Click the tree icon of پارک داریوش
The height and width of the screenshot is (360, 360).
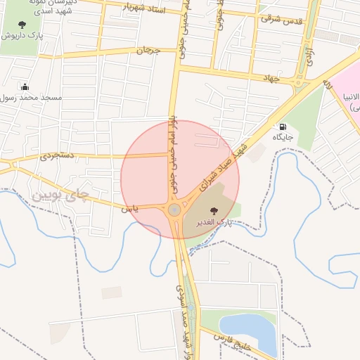coord(22,25)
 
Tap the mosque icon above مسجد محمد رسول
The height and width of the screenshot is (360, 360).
coord(26,87)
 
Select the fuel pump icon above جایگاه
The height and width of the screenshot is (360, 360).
coord(283,127)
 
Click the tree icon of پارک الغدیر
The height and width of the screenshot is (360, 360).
coord(213,210)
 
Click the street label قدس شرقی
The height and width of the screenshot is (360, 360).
coord(281,20)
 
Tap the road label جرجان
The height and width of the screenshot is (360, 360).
coord(148,51)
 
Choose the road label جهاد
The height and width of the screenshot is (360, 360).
coord(271,78)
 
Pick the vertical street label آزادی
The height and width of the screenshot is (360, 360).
coord(309,56)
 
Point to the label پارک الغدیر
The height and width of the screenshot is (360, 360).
coord(214,223)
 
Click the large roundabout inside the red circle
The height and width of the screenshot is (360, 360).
coord(174,210)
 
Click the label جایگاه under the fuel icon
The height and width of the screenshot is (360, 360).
coord(283,136)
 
